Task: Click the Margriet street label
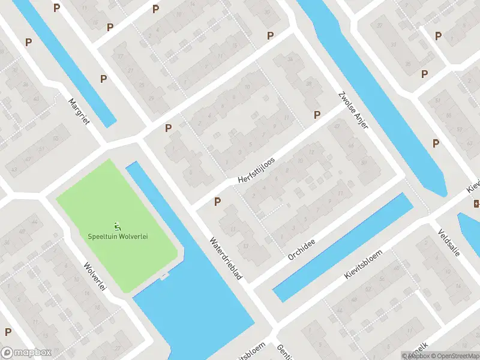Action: [x=79, y=112]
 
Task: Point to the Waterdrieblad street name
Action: [x=226, y=259]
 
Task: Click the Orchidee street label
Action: [x=301, y=247]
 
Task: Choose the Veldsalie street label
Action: [x=448, y=242]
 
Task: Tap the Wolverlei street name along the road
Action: [x=95, y=277]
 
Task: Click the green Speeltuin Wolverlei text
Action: [x=118, y=236]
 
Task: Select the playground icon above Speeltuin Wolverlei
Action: [x=118, y=226]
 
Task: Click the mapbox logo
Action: [x=25, y=352]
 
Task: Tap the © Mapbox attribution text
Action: [x=416, y=356]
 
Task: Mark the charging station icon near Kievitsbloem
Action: [x=476, y=205]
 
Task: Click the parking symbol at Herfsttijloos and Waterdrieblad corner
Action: [x=217, y=202]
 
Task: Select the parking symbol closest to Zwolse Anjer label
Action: [x=317, y=115]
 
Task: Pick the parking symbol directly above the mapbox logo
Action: [x=8, y=332]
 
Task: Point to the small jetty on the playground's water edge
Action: [x=164, y=277]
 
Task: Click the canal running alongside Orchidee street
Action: [x=343, y=247]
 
